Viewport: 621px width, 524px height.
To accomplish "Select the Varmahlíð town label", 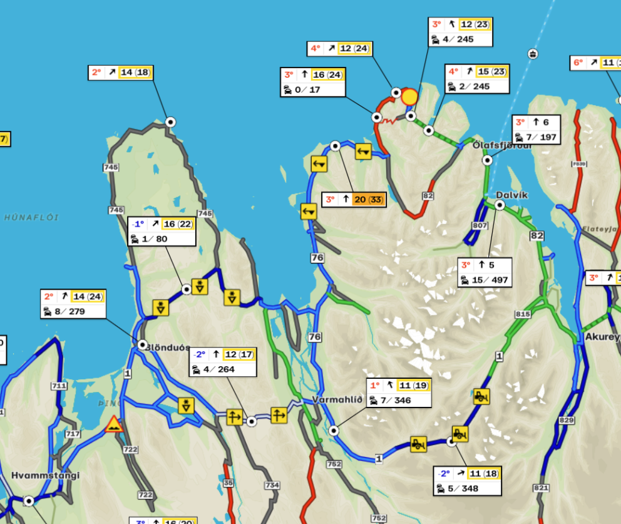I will (337, 400).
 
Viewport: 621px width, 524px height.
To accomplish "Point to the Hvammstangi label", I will (45, 475).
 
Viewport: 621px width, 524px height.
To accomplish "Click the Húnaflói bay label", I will (31, 217).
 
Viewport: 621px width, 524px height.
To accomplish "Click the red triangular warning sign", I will (114, 424).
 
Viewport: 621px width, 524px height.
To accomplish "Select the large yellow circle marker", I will (409, 96).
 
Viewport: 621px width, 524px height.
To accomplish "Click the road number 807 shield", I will (480, 225).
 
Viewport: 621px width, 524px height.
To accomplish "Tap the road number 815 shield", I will (523, 313).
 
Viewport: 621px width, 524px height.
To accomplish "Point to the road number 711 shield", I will (59, 386).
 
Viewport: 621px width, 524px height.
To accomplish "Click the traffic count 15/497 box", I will (485, 272).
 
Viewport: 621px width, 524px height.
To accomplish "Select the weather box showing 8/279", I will (73, 304).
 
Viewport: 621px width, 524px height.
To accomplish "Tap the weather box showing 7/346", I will (399, 393).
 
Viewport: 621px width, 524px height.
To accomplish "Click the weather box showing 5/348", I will (468, 480).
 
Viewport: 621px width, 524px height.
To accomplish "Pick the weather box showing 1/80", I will (162, 231).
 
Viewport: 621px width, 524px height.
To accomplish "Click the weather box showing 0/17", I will (312, 82).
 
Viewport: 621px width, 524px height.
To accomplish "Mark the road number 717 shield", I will (73, 434).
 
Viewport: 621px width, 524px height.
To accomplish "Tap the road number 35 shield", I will (228, 483).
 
